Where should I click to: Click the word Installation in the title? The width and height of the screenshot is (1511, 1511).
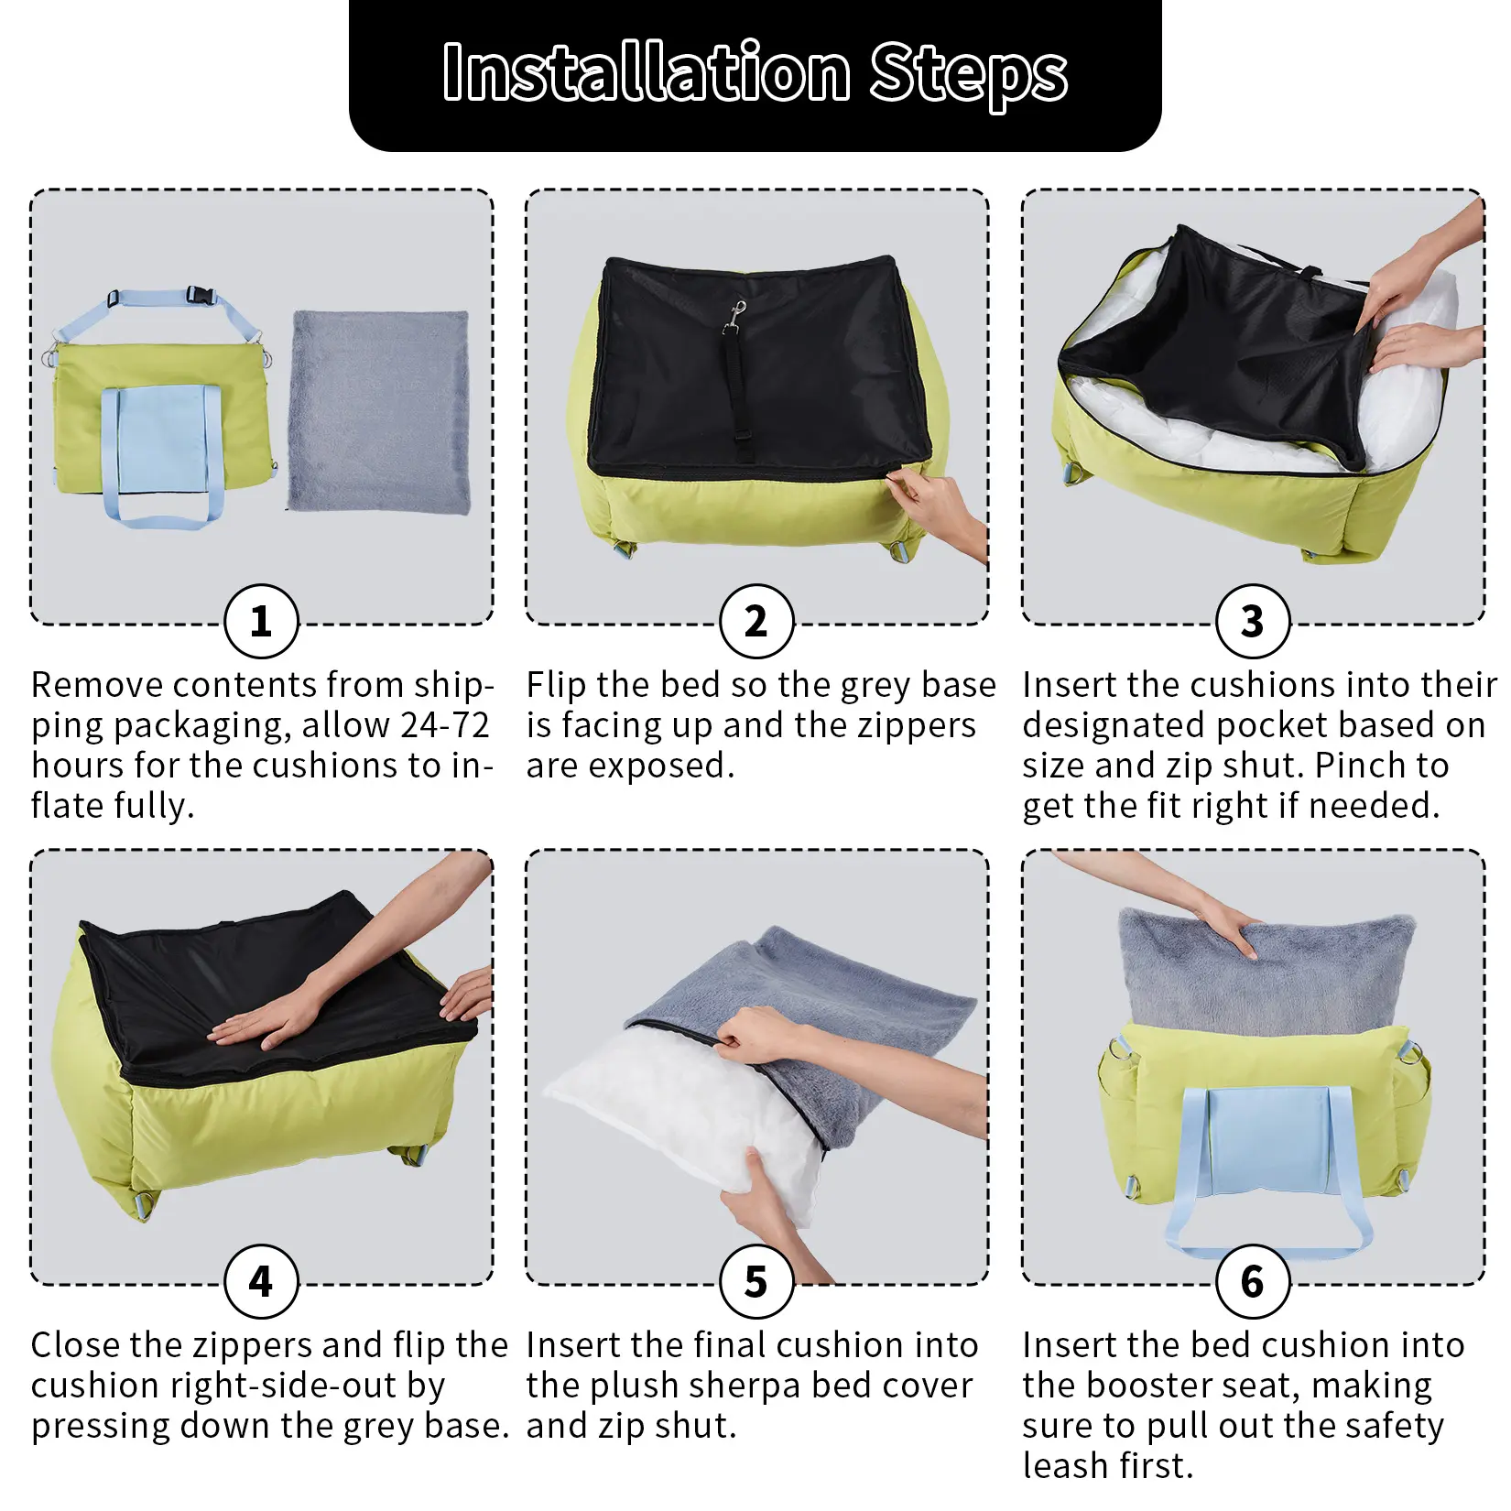click(x=647, y=72)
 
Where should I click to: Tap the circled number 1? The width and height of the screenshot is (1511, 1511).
click(x=261, y=622)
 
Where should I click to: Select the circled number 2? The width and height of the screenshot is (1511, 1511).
click(x=756, y=622)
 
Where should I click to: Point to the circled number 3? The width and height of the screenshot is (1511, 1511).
click(x=1253, y=622)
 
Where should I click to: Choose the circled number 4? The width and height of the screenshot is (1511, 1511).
click(x=261, y=1281)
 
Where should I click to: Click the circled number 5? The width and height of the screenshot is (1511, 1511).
click(x=756, y=1281)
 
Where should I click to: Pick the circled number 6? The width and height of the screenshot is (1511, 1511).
click(x=1253, y=1281)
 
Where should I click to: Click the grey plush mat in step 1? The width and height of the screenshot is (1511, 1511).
click(x=379, y=411)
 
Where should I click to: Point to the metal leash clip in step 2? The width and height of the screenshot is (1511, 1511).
click(x=734, y=317)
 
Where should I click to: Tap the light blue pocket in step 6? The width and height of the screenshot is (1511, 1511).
click(x=1268, y=1139)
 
